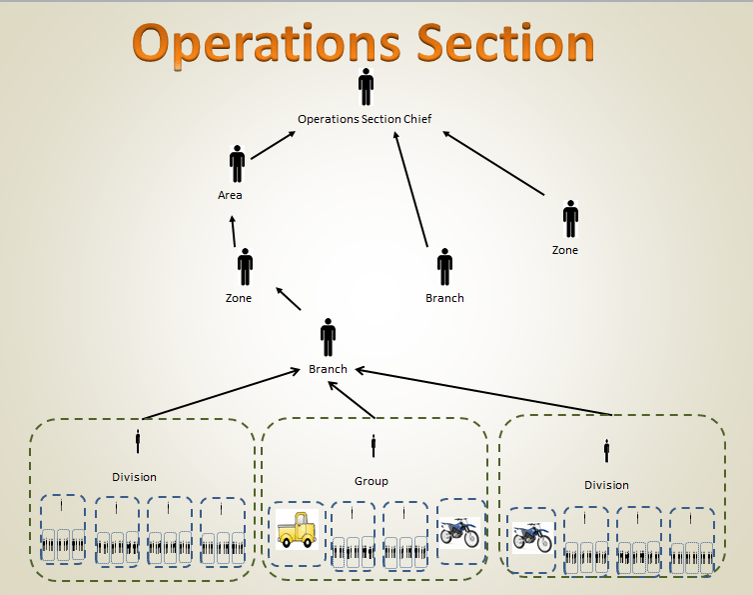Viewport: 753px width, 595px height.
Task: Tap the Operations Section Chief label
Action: click(x=365, y=119)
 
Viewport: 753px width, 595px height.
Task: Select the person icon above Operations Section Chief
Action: click(x=366, y=87)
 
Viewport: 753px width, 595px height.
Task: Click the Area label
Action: click(x=230, y=195)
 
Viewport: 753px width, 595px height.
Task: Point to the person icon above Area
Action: click(x=237, y=164)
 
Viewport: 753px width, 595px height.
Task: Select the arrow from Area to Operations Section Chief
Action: click(x=273, y=146)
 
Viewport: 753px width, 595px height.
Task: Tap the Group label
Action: click(x=372, y=481)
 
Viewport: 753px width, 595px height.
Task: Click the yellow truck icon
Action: click(x=297, y=529)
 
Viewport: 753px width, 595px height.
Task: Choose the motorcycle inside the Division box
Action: click(x=531, y=537)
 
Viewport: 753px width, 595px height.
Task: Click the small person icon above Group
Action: click(x=374, y=445)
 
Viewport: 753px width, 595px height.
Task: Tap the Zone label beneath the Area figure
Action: click(x=239, y=298)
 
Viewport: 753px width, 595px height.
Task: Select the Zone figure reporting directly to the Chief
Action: click(x=570, y=218)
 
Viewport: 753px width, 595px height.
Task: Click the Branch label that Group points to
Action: click(x=328, y=369)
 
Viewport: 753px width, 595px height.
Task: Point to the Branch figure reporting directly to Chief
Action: click(x=444, y=267)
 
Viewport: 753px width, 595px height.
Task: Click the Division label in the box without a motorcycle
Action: click(x=134, y=477)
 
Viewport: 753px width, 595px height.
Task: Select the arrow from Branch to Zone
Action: click(x=288, y=299)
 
